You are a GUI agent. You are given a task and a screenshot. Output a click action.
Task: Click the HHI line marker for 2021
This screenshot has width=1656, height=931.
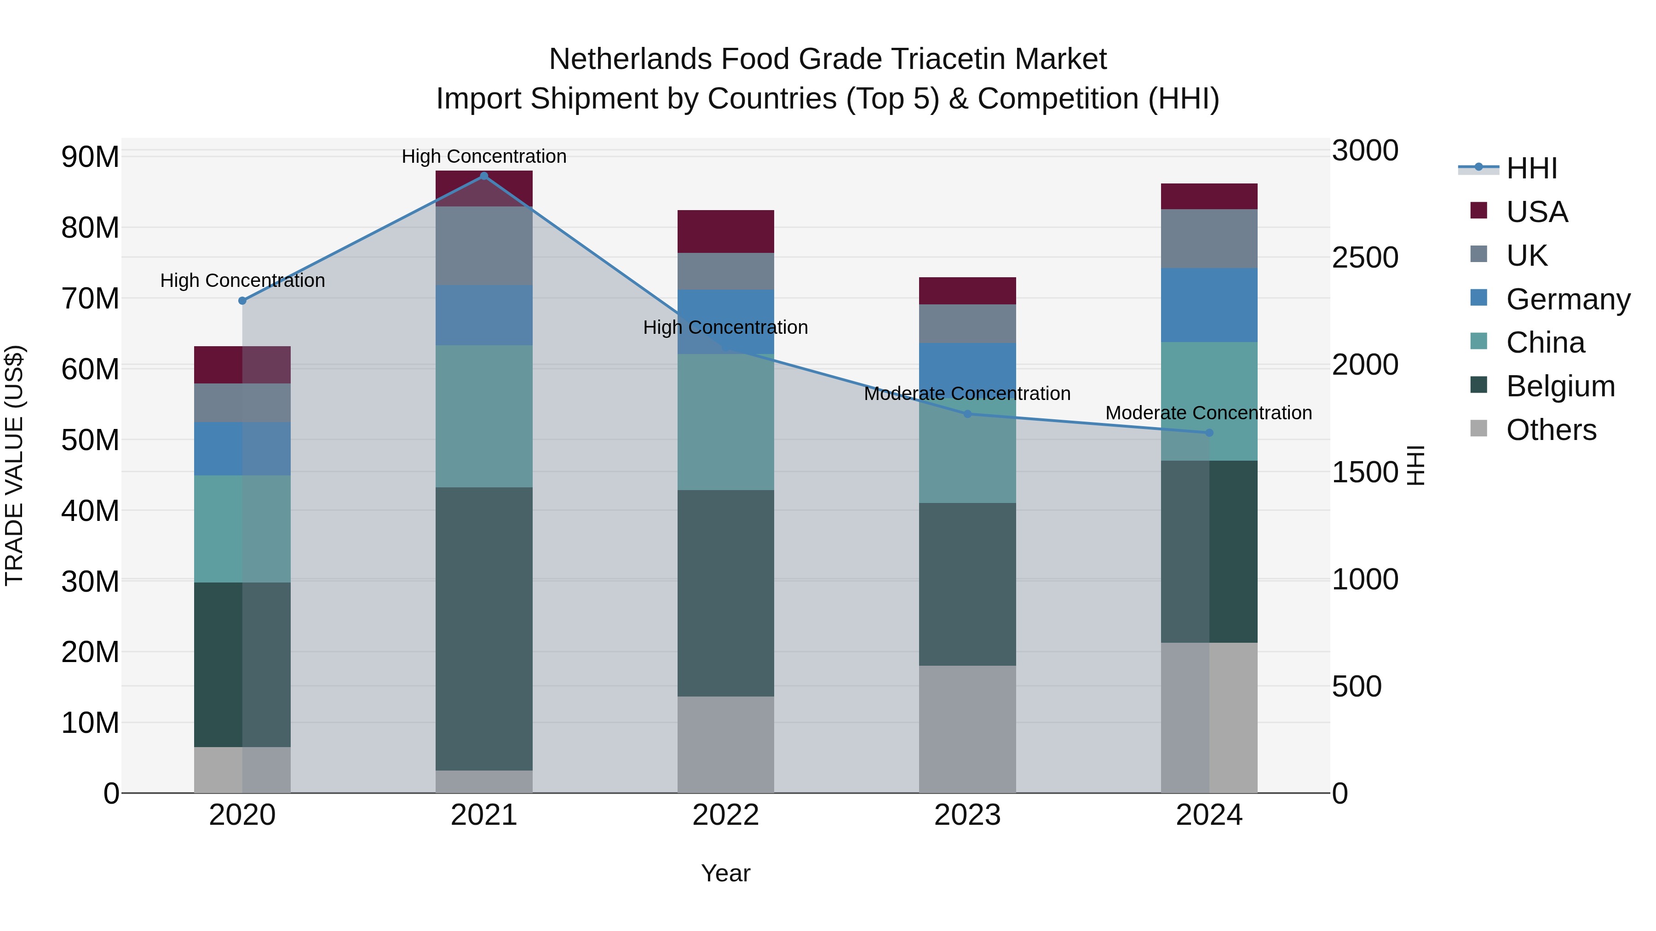click(x=484, y=176)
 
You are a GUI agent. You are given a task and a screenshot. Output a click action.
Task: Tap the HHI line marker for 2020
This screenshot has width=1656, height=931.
click(x=242, y=301)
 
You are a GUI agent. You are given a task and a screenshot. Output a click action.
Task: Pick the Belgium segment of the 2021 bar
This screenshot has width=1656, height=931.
click(x=484, y=628)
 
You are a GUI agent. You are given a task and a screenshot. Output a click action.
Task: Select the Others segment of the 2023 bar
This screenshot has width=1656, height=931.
click(x=967, y=729)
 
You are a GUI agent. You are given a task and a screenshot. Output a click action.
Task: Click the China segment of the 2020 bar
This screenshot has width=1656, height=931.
click(x=242, y=529)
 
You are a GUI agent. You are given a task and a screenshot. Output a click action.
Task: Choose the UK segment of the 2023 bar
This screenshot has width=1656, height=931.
click(x=967, y=323)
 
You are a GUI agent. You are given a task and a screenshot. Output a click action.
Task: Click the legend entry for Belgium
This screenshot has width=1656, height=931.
click(x=1560, y=386)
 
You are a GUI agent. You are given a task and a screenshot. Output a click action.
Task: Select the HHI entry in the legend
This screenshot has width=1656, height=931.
click(x=1531, y=168)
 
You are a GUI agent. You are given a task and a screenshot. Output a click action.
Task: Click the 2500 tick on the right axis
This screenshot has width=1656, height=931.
click(x=1365, y=257)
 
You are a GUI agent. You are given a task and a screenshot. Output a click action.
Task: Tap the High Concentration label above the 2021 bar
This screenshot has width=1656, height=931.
click(x=484, y=156)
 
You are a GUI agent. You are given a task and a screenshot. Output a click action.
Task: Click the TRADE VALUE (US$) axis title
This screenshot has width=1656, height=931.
click(x=14, y=465)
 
